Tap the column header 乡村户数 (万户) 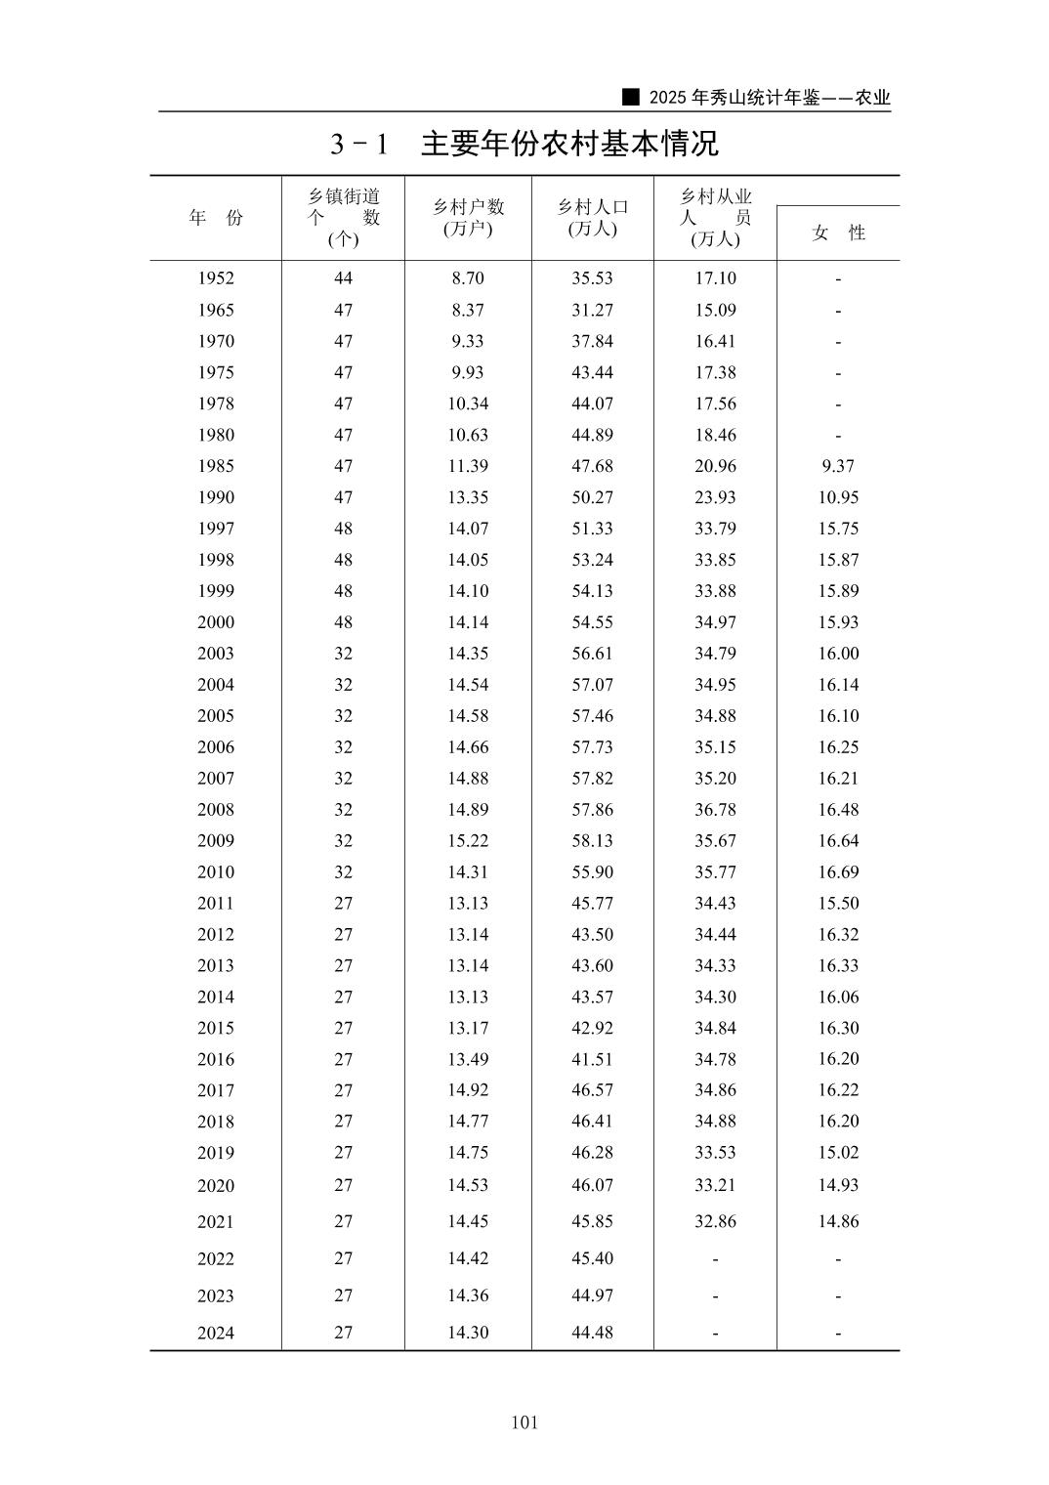[x=468, y=217]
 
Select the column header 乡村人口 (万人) [x=592, y=217]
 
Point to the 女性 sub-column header [x=838, y=233]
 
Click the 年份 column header [x=216, y=218]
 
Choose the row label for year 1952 [x=216, y=278]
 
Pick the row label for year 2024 [x=216, y=1334]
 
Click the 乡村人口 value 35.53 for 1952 [x=592, y=278]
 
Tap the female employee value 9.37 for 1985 [x=838, y=466]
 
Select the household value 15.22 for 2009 [x=468, y=841]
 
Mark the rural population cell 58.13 [x=592, y=841]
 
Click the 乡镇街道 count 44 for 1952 [x=343, y=278]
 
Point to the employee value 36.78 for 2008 [x=715, y=810]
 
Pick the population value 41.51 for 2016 [x=592, y=1059]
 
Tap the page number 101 [x=524, y=1422]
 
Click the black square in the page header [x=631, y=98]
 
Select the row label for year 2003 [x=216, y=654]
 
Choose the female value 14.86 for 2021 [x=838, y=1221]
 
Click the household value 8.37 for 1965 [x=468, y=310]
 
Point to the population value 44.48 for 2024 [x=592, y=1333]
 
